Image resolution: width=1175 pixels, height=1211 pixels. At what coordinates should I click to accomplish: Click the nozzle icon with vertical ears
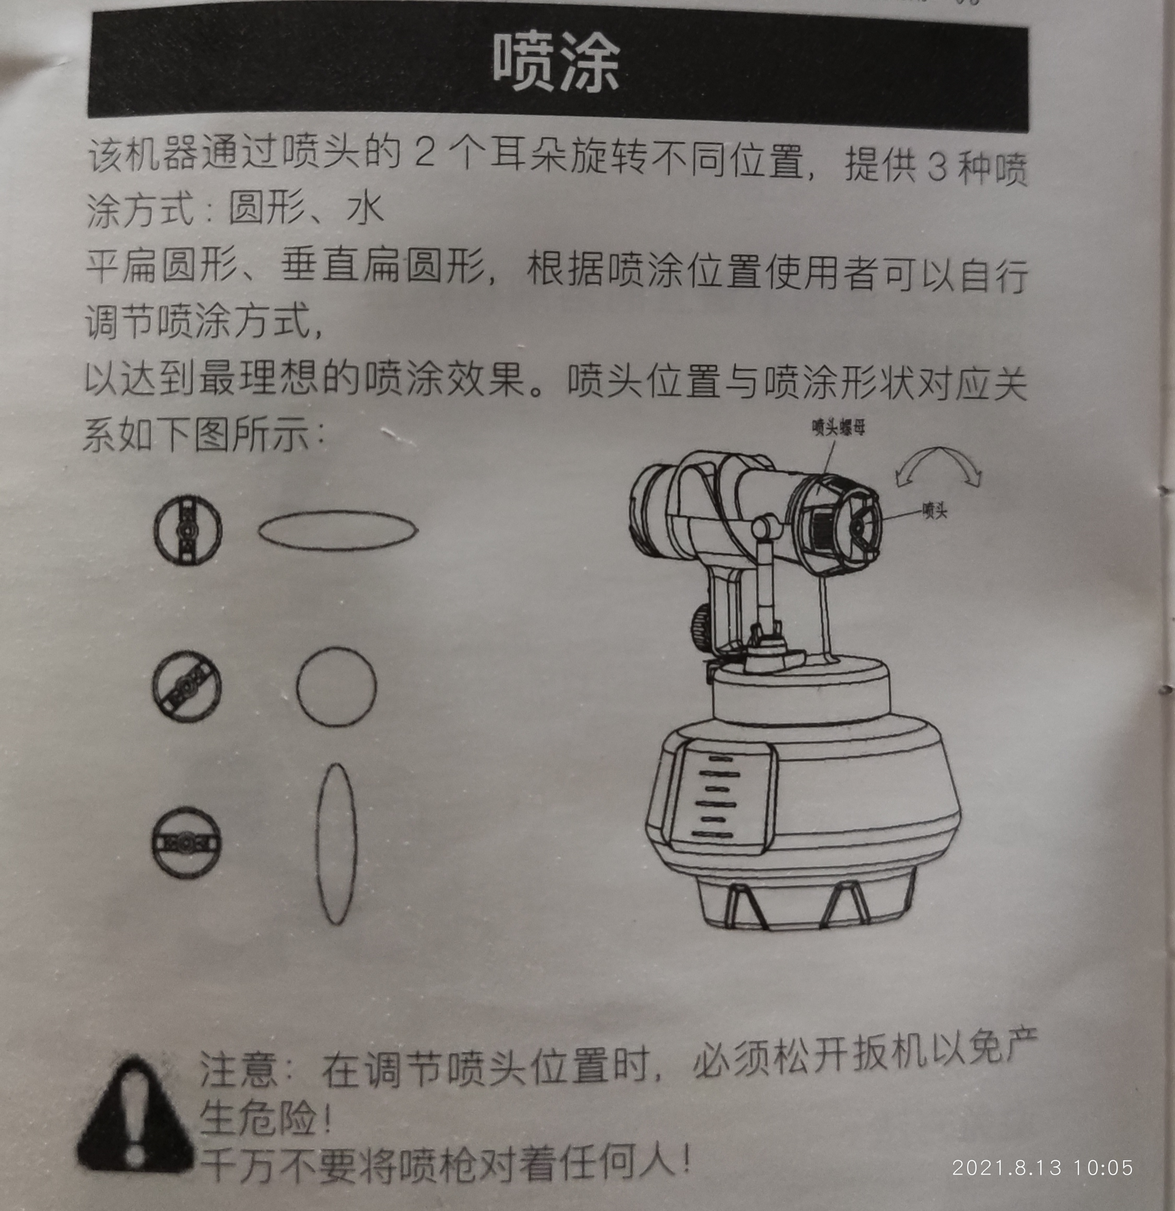click(188, 530)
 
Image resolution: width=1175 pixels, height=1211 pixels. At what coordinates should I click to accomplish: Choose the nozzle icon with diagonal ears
click(186, 686)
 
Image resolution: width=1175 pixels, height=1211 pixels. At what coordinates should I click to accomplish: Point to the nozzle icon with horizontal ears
click(186, 842)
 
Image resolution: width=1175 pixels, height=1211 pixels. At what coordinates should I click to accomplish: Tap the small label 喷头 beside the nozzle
click(935, 511)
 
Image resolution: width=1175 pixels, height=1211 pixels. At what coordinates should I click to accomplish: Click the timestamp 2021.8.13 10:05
click(1043, 1168)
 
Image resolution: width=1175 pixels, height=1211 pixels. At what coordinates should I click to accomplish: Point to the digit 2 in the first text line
click(425, 152)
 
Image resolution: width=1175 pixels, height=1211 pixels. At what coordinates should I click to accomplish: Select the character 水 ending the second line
click(366, 209)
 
